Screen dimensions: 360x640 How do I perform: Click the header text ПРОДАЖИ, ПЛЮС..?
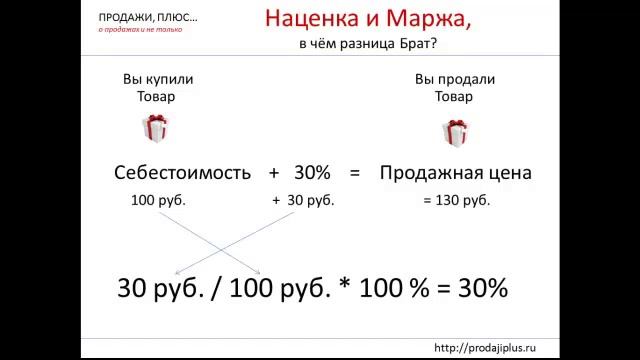tap(147, 18)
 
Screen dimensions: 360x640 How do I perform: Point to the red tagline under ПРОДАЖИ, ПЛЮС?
tap(140, 30)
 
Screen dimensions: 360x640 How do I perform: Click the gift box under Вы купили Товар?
tap(155, 129)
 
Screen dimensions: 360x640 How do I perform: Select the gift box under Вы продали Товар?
tap(455, 132)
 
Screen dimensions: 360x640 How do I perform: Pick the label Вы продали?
tap(455, 80)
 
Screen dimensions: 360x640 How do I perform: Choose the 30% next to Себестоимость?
tap(312, 172)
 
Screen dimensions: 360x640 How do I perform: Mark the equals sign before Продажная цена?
tap(354, 172)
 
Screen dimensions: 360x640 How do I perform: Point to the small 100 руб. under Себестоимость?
tap(158, 200)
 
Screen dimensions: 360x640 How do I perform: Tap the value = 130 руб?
tap(456, 200)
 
